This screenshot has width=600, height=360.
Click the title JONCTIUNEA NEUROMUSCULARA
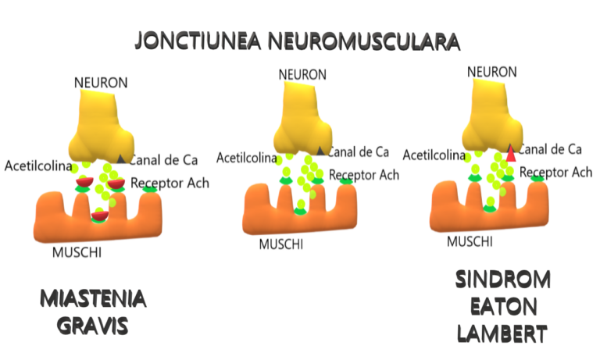pos(297,41)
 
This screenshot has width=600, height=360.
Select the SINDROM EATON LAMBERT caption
pos(503,306)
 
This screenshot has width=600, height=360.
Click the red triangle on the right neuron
pos(511,154)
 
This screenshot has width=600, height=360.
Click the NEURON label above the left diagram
pos(101,82)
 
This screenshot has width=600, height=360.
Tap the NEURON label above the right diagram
pos(492,72)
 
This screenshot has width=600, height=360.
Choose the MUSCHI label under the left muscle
pos(77,252)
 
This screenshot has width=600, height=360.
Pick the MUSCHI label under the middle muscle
pos(281,244)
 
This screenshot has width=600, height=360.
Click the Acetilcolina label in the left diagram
pos(37,166)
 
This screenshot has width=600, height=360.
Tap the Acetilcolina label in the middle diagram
pos(247,158)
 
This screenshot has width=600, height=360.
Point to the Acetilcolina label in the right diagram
pos(434,155)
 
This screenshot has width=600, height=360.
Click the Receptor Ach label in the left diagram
pos(170,184)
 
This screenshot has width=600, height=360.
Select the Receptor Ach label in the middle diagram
pos(364,176)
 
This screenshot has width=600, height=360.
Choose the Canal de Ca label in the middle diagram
pos(359,152)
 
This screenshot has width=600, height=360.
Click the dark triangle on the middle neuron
pos(321,151)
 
